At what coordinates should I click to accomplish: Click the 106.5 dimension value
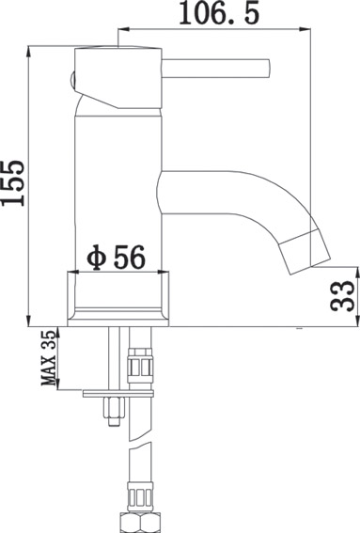coord(219,13)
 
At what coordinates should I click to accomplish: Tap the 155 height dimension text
coord(13,183)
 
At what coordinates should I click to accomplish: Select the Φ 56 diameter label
coord(116,258)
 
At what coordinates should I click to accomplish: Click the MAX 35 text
coord(48,358)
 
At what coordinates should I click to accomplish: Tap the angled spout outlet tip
coord(305,252)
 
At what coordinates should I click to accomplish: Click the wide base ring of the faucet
coord(117,299)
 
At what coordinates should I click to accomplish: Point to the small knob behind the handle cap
coord(71,81)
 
